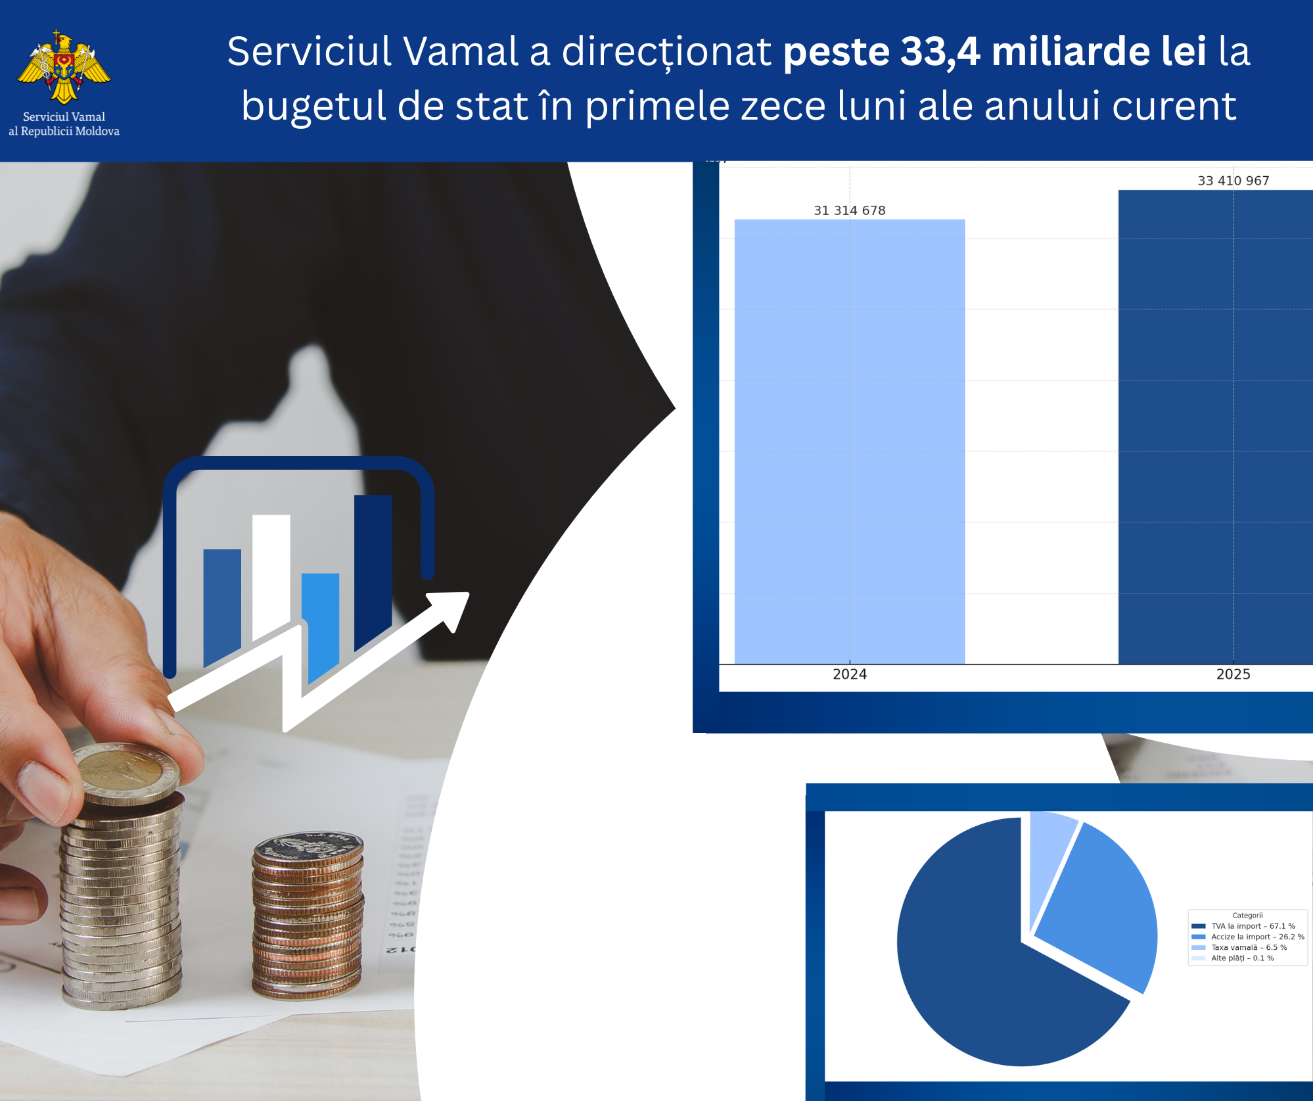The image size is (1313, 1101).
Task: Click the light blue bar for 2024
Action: click(x=849, y=440)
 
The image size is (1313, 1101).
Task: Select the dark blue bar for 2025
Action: click(x=1216, y=427)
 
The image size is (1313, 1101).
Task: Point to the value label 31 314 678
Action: click(x=849, y=210)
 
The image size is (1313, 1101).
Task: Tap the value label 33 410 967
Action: click(x=1233, y=181)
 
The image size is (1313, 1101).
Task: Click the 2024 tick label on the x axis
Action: click(x=849, y=674)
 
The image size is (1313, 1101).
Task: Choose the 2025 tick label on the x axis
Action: click(x=1233, y=674)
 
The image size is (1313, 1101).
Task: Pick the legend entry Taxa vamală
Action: click(x=1248, y=947)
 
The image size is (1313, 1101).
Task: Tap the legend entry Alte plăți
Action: click(x=1241, y=958)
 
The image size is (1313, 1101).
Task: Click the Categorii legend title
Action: click(x=1247, y=915)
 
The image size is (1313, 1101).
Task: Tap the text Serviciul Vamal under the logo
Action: click(x=64, y=117)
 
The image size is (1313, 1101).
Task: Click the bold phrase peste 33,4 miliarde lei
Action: click(x=994, y=51)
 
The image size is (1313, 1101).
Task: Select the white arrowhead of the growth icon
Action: click(x=453, y=608)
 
